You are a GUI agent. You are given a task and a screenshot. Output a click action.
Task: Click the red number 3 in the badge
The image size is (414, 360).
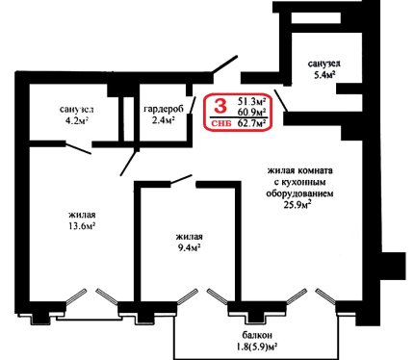[220, 106]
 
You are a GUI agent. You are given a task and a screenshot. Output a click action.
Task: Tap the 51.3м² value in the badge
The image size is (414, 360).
[252, 102]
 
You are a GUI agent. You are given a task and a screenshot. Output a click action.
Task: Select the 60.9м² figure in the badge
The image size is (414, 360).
[252, 113]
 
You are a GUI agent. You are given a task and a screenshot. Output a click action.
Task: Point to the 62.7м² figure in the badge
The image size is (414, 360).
[252, 123]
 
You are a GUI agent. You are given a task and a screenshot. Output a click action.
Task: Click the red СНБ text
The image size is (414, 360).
[221, 123]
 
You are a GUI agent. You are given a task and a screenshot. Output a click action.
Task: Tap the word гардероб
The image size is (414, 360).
[164, 109]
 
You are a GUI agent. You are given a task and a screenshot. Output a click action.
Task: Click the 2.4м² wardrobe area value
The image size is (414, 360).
[164, 120]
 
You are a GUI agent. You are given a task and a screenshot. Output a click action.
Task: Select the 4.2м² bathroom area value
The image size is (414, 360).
[76, 120]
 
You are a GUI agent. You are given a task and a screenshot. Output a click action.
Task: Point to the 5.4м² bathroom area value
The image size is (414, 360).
[323, 75]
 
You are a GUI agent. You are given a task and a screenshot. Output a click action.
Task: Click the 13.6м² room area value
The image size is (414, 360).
[81, 226]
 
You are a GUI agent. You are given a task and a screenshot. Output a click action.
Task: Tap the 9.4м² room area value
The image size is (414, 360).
[189, 247]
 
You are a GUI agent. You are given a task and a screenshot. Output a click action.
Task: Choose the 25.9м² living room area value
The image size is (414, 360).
[298, 205]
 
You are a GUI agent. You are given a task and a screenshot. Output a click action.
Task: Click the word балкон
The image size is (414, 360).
[257, 335]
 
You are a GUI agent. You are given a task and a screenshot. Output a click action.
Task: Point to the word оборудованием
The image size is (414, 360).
[299, 193]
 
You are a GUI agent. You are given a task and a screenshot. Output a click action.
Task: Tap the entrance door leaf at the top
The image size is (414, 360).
[225, 64]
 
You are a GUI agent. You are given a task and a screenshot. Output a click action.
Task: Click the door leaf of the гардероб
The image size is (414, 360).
[193, 105]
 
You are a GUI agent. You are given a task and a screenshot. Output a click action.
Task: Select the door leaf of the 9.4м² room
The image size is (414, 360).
[181, 179]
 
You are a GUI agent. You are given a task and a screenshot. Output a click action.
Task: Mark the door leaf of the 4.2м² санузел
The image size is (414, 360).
[78, 148]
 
